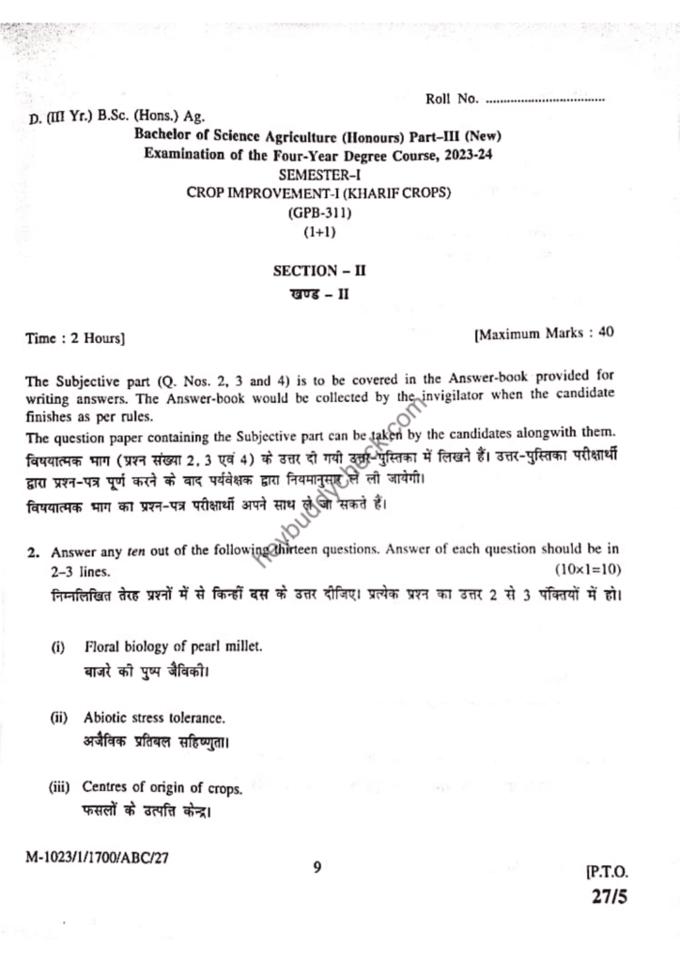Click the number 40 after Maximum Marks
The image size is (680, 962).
pyautogui.click(x=606, y=332)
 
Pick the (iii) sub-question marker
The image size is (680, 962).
pyautogui.click(x=60, y=787)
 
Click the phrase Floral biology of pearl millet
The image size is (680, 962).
pyautogui.click(x=173, y=647)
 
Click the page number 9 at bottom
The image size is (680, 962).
pyautogui.click(x=317, y=867)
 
